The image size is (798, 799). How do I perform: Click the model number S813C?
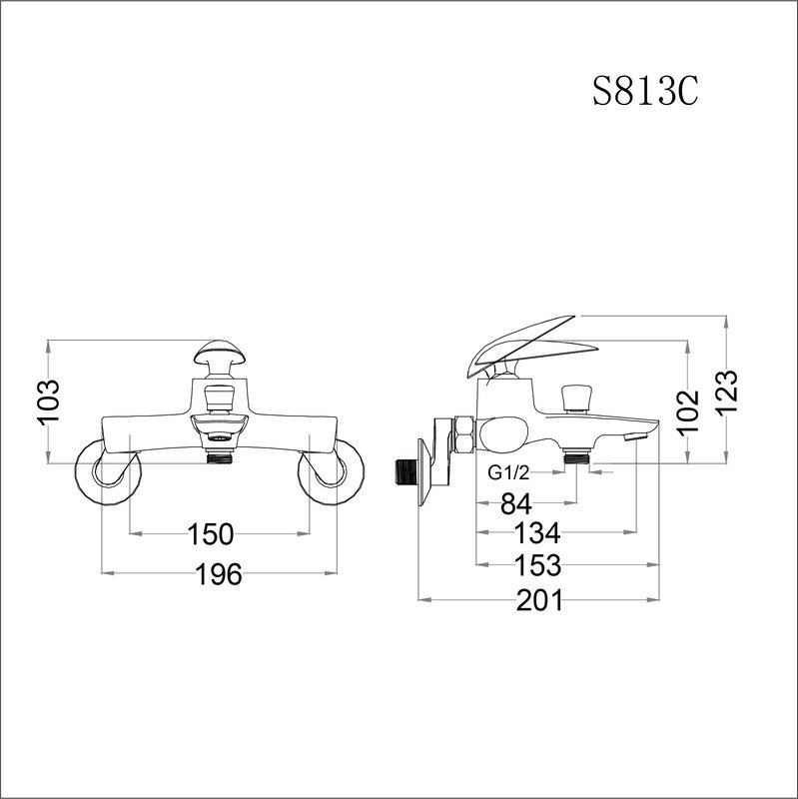click(643, 93)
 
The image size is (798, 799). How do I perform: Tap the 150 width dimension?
click(211, 533)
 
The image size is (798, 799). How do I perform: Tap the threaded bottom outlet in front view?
click(219, 457)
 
